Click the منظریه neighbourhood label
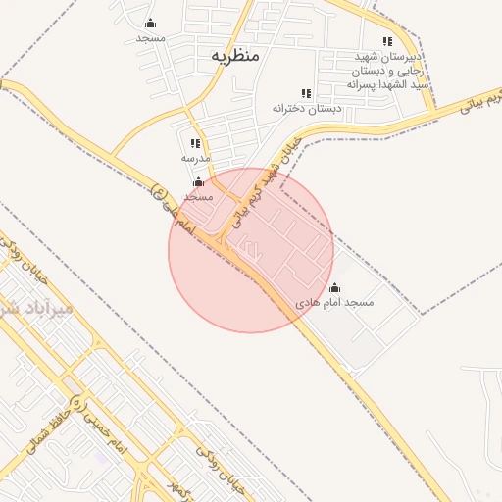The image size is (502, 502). (235, 56)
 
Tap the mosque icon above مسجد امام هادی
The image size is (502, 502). (334, 288)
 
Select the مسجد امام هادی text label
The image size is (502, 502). (335, 303)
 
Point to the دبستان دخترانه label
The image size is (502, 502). (307, 108)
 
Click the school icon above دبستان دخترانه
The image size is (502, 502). (306, 93)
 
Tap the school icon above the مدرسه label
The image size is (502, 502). (196, 143)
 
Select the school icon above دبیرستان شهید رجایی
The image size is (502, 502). (387, 41)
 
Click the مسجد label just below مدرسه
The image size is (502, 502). (198, 196)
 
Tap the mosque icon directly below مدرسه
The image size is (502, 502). (199, 181)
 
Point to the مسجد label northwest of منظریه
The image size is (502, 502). (150, 37)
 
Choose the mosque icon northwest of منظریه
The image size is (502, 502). (150, 23)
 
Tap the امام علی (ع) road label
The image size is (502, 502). (174, 211)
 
